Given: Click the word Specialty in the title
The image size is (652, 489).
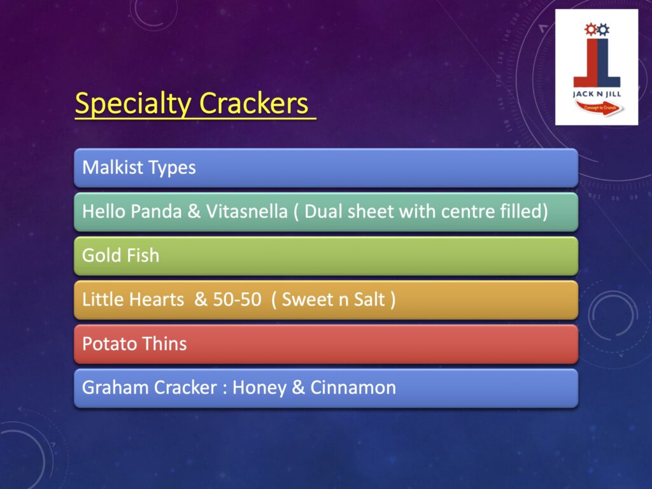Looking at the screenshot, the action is (132, 104).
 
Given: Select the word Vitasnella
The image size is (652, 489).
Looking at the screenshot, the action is (247, 211).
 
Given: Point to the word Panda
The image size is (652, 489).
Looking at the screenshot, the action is (156, 211).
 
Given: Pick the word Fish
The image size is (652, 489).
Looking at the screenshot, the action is (143, 255).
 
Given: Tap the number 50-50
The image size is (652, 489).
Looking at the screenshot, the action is (237, 299).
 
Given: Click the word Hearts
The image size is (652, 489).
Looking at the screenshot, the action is (158, 299).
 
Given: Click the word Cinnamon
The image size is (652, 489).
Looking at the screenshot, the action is (353, 388).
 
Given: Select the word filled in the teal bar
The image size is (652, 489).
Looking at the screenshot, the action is (524, 211).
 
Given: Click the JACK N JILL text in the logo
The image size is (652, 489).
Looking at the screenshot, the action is (597, 94).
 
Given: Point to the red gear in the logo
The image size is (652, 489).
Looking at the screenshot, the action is (590, 29).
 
